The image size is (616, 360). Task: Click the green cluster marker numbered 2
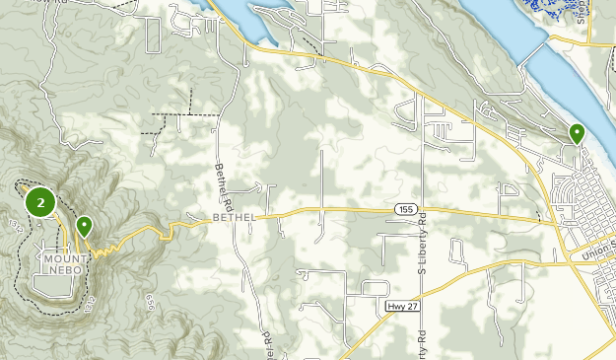click(39, 203)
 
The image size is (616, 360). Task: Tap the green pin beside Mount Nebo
click(85, 226)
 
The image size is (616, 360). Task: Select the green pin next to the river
click(576, 132)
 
